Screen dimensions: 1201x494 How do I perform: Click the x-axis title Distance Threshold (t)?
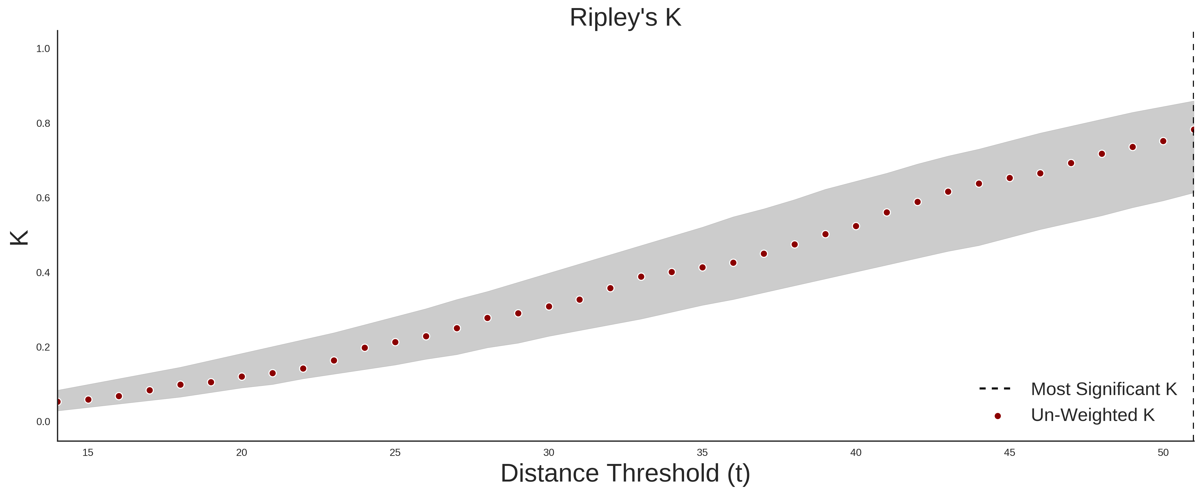[625, 473]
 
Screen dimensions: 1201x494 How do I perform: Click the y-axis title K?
[19, 238]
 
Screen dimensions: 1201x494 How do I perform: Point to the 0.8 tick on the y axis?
[43, 124]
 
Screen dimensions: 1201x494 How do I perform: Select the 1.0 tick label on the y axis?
[43, 49]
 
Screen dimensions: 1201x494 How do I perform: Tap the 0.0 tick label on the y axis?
[43, 422]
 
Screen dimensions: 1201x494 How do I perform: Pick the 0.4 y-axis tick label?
[43, 273]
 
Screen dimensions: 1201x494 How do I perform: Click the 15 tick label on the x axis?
[88, 452]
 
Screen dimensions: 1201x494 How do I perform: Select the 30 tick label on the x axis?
[549, 452]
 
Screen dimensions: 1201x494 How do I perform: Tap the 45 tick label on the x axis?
[1009, 452]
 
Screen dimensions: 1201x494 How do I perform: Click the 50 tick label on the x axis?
[1163, 452]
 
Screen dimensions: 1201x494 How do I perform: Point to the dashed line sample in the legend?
[995, 388]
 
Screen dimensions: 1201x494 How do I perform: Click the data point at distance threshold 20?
[241, 376]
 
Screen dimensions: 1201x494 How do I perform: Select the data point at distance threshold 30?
[549, 307]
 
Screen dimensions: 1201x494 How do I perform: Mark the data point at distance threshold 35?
[703, 268]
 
